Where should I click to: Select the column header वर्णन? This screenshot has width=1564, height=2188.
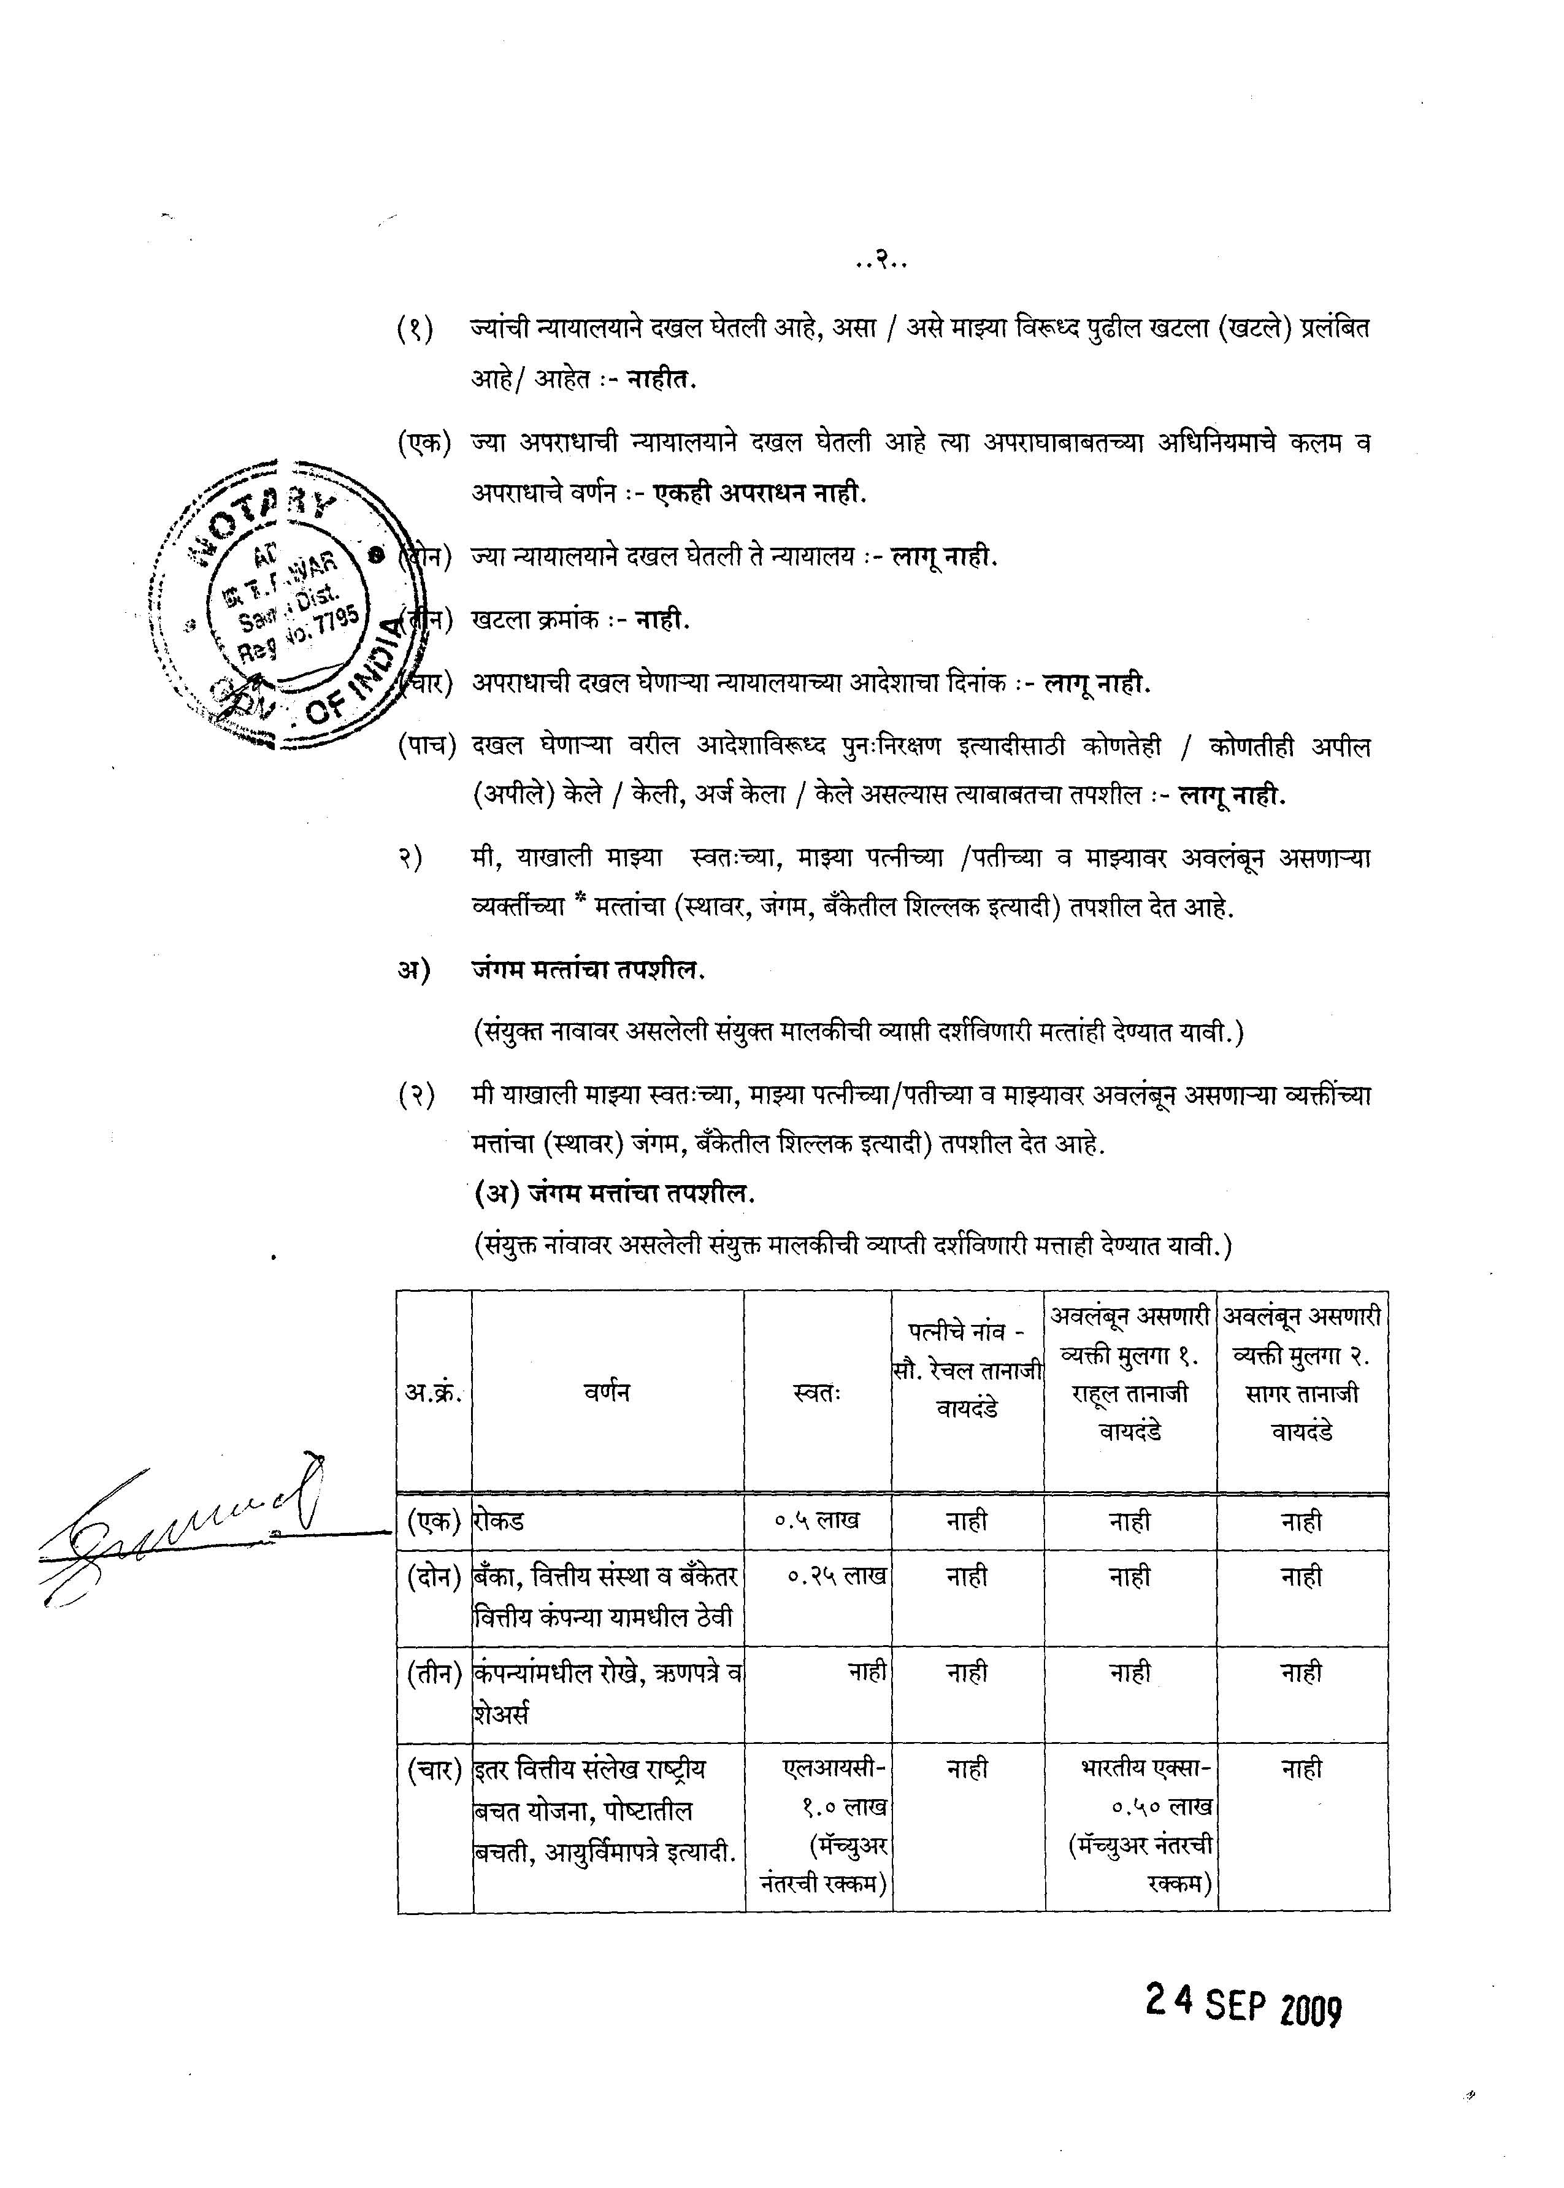click(607, 1392)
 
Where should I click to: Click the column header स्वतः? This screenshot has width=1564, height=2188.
click(817, 1392)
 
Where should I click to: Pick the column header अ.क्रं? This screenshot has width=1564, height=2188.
click(434, 1392)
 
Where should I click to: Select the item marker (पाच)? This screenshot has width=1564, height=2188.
click(426, 747)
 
